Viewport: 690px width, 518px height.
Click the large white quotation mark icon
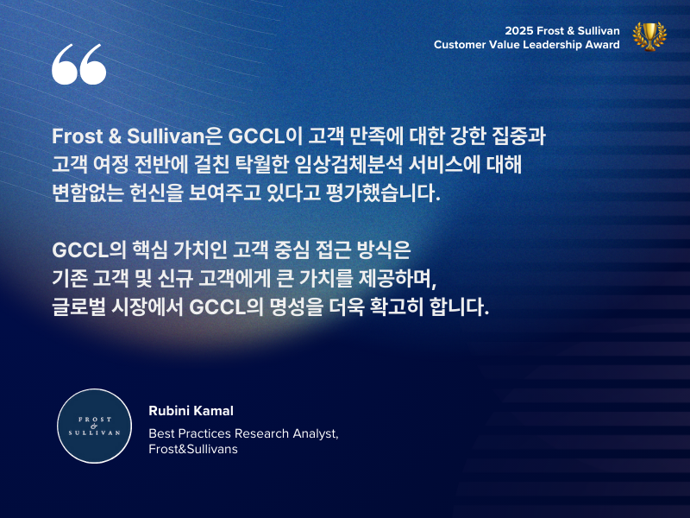click(79, 64)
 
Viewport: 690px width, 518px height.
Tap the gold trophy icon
click(649, 36)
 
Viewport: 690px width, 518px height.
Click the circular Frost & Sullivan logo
click(95, 426)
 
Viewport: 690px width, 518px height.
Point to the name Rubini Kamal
click(191, 411)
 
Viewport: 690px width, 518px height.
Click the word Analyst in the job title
click(316, 434)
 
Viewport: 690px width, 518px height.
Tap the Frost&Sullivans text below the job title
click(193, 449)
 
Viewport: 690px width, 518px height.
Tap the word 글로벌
click(78, 306)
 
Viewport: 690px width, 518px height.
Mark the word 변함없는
click(88, 193)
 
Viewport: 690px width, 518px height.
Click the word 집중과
click(519, 136)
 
